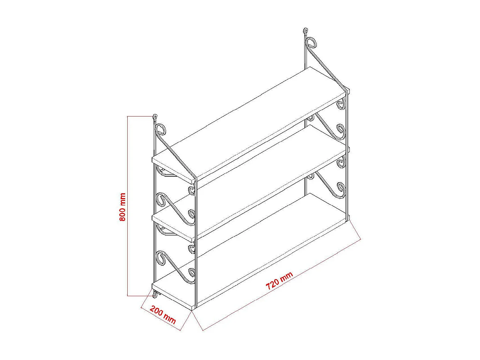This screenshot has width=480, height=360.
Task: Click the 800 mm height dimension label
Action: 122,207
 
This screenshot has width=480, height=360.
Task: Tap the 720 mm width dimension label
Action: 279,281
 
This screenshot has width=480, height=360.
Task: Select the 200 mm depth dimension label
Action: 163,315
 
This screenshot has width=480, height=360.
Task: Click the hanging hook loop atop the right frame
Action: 305,31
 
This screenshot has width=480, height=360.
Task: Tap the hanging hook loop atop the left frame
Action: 155,117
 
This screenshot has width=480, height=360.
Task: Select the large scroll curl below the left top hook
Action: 161,130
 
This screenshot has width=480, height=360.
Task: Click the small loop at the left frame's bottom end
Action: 155,294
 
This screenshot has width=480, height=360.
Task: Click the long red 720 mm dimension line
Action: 282,284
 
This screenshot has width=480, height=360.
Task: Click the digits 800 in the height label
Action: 122,214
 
